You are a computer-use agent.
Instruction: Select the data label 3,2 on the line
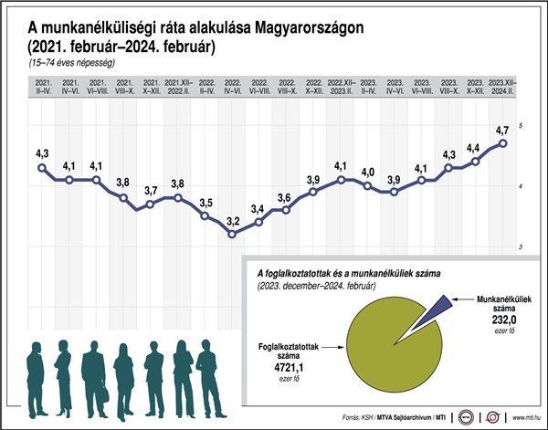(232, 221)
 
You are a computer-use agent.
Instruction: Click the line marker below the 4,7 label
(503, 142)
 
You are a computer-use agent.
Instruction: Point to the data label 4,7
(501, 130)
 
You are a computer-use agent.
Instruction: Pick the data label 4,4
(473, 147)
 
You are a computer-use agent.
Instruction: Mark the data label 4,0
(367, 172)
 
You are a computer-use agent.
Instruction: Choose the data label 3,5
(205, 202)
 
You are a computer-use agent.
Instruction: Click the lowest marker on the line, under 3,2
(232, 235)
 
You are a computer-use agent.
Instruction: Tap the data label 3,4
(258, 209)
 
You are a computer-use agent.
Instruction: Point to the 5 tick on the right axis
(521, 125)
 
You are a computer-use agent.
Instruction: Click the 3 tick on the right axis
(521, 247)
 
